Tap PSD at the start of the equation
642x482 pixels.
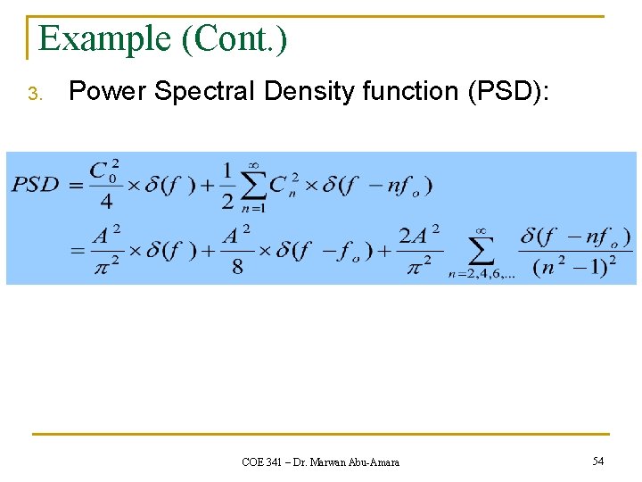click(x=36, y=185)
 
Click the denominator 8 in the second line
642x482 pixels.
click(x=237, y=267)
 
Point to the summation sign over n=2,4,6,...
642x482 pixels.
click(x=481, y=249)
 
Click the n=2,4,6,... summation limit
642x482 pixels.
click(x=481, y=275)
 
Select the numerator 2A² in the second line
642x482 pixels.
click(x=419, y=235)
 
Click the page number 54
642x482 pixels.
click(x=597, y=461)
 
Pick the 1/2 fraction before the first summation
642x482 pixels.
click(x=228, y=185)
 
